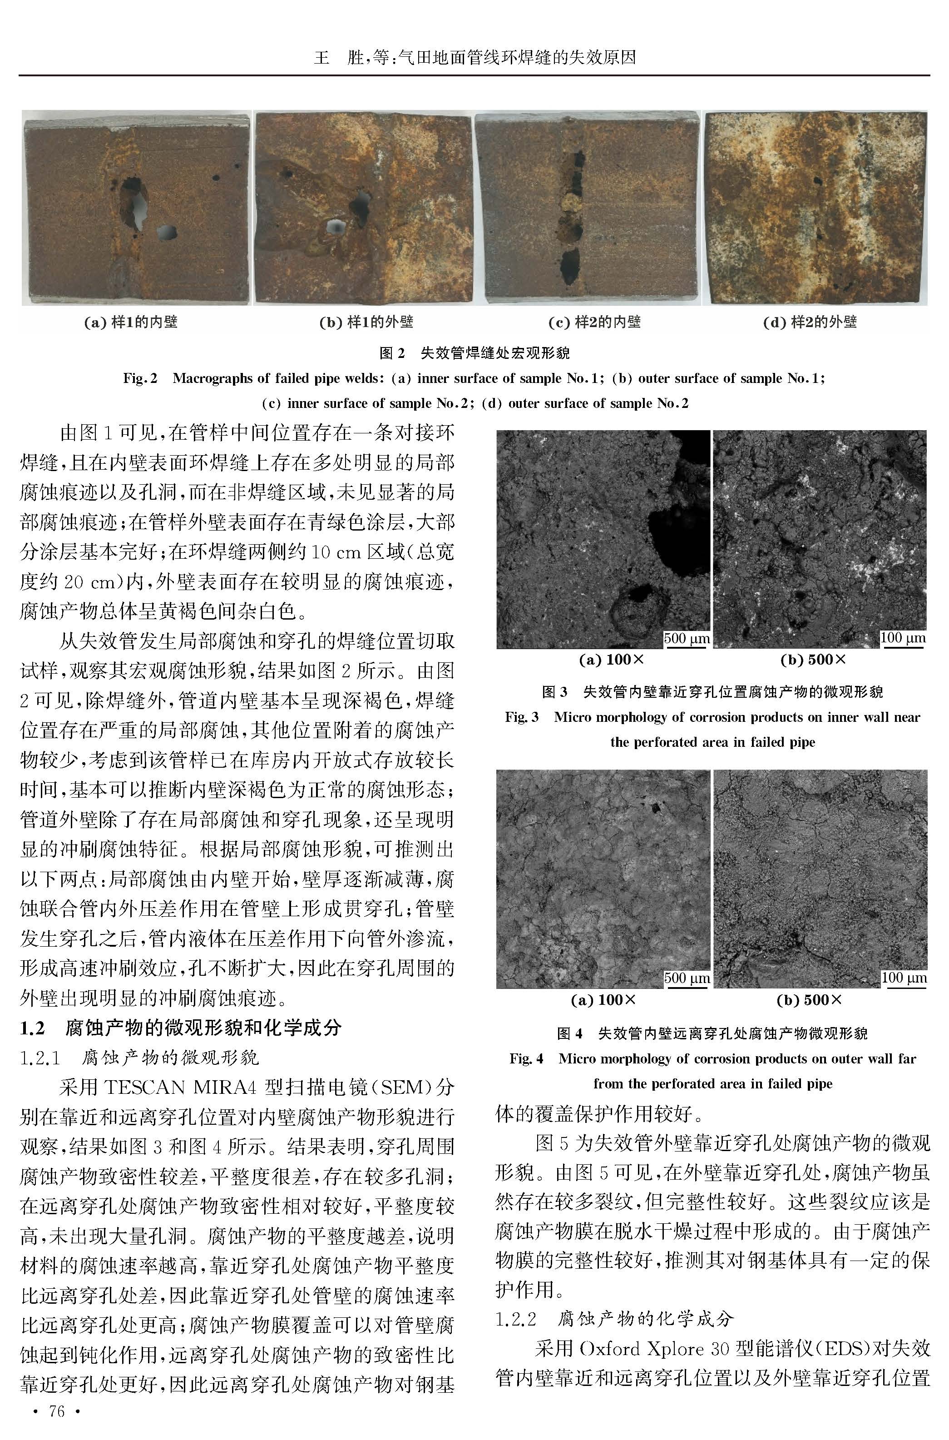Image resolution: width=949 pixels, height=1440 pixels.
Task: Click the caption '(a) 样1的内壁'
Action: [x=131, y=322]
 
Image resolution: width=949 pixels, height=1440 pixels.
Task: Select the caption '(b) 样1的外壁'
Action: [x=366, y=322]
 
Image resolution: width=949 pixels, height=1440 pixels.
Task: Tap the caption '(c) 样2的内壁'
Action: [x=594, y=322]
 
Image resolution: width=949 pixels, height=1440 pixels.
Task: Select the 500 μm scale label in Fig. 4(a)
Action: [x=687, y=978]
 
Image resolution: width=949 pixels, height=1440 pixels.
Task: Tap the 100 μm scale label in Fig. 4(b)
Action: [x=904, y=977]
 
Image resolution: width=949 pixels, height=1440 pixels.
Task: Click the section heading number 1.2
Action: [x=33, y=1027]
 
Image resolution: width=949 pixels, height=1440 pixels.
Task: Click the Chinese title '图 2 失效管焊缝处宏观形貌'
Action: [x=474, y=353]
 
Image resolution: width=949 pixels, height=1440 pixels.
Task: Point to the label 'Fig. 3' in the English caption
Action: [x=521, y=717]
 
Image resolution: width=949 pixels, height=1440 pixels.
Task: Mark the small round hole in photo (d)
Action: [x=818, y=180]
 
